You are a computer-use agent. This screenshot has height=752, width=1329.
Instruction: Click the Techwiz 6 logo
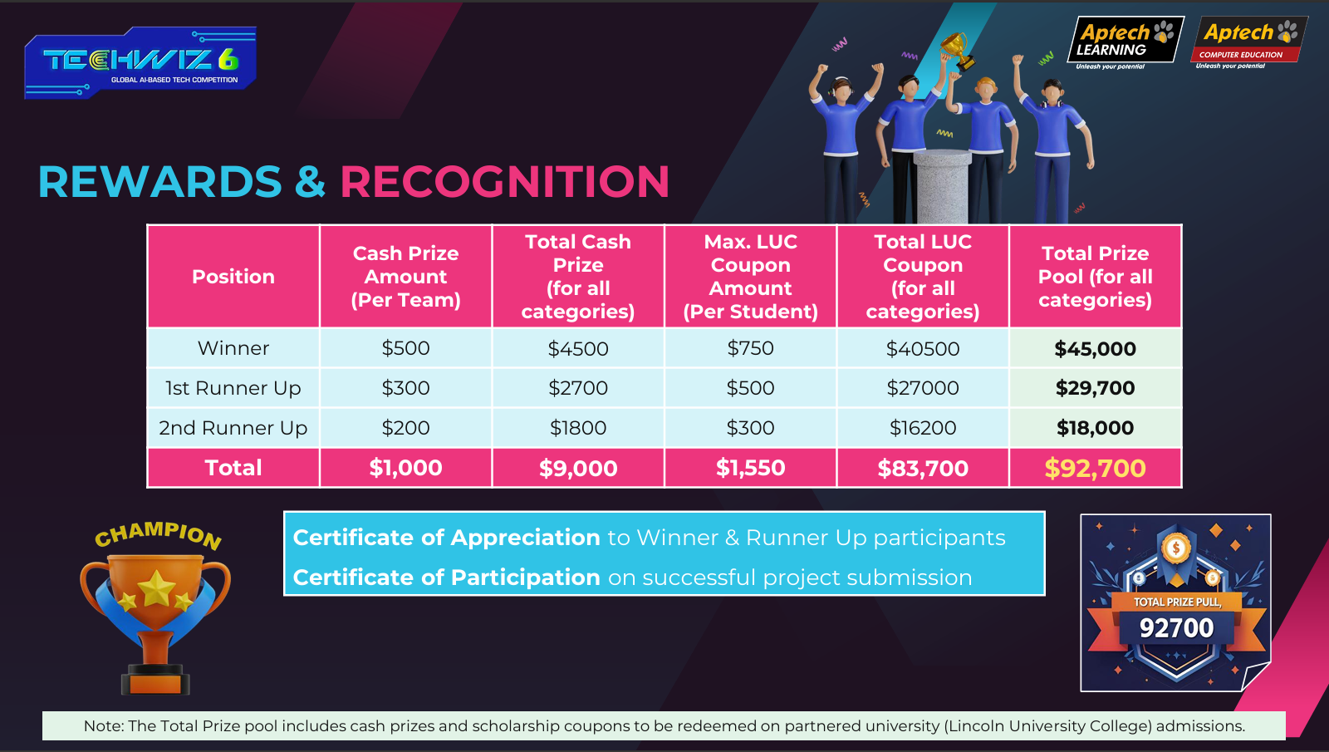[x=140, y=62]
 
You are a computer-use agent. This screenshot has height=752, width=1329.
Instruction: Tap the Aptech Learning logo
[x=1125, y=42]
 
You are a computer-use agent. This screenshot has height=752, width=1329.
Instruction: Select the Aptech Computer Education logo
[x=1249, y=42]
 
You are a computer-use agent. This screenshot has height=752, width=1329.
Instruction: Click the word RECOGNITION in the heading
[x=505, y=181]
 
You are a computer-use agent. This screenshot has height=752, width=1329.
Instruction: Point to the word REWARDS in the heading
[x=160, y=181]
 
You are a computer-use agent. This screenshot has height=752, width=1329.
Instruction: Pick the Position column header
[x=233, y=277]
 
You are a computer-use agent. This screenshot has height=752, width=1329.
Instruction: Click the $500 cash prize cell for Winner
[x=406, y=348]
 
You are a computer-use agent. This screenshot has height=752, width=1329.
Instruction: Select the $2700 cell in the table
[x=578, y=387]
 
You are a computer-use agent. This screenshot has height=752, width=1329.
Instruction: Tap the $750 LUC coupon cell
[x=751, y=348]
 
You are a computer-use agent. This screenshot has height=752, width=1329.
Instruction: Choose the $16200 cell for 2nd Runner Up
[x=923, y=427]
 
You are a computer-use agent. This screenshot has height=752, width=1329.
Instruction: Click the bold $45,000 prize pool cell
[x=1096, y=348]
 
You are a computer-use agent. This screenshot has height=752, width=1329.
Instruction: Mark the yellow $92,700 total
[x=1096, y=469]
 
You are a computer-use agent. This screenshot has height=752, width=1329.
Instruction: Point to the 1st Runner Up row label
[x=233, y=387]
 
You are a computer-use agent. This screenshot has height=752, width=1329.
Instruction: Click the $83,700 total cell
[x=923, y=469]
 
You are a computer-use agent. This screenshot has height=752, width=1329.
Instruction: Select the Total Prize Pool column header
[x=1096, y=277]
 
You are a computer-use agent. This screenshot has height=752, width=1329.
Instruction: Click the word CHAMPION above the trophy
[x=159, y=535]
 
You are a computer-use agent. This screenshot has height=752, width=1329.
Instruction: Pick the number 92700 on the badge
[x=1176, y=628]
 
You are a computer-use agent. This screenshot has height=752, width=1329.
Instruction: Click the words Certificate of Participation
[x=447, y=578]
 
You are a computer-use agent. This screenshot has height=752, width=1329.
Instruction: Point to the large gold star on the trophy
[x=156, y=588]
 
